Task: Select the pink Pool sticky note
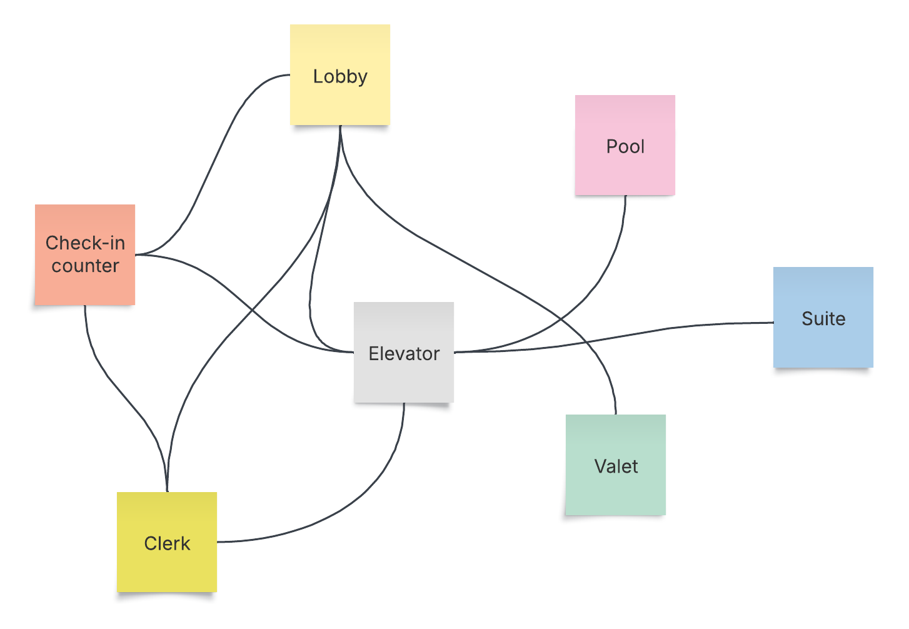tap(625, 169)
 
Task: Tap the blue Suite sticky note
tap(823, 344)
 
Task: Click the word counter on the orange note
tap(85, 266)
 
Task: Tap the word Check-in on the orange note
tap(85, 243)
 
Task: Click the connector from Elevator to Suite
tap(625, 333)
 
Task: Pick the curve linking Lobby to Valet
tap(475, 263)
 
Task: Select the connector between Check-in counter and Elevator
tap(250, 306)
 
